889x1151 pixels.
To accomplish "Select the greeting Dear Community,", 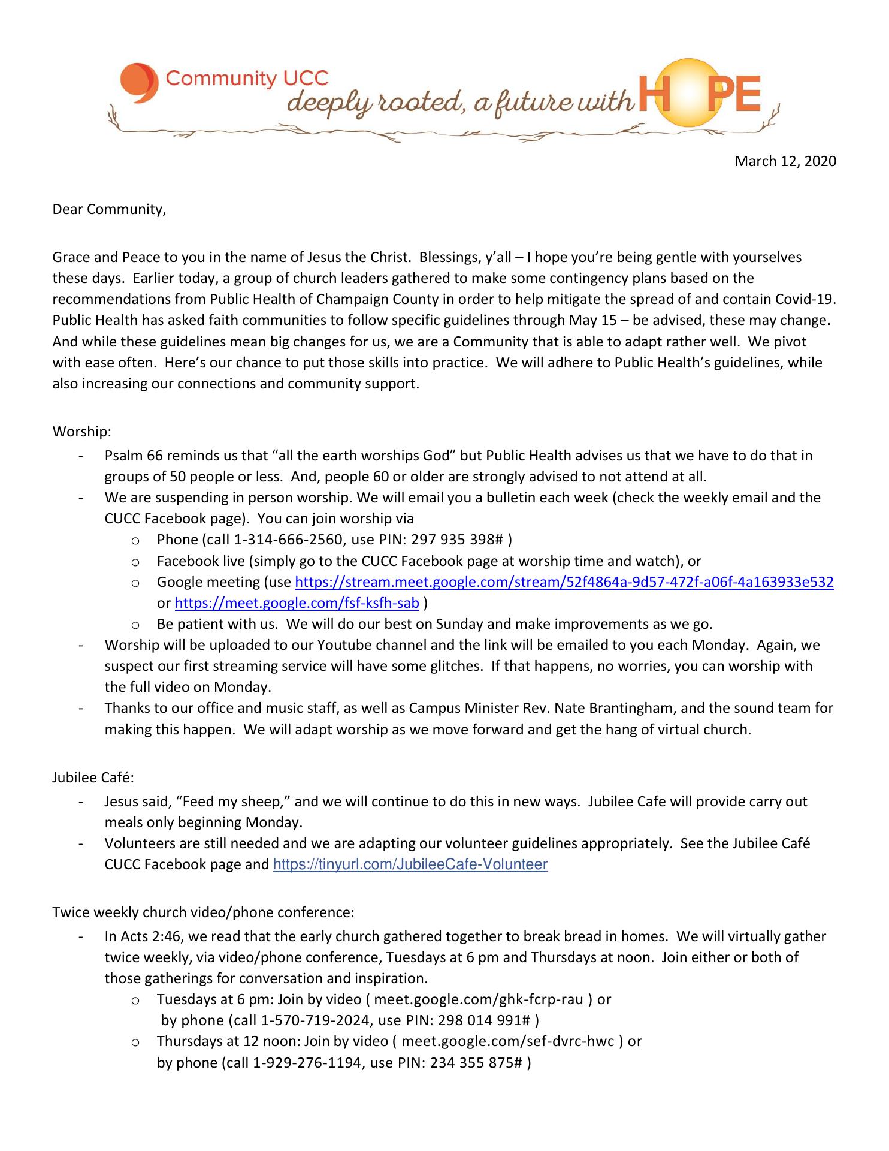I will pyautogui.click(x=109, y=210).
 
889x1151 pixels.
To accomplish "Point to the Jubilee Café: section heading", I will pyautogui.click(x=93, y=778).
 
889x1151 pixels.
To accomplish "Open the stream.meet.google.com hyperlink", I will pyautogui.click(x=564, y=582).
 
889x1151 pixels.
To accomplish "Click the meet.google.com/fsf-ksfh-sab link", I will pyautogui.click(x=297, y=603).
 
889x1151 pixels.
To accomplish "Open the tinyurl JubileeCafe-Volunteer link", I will pyautogui.click(x=410, y=864).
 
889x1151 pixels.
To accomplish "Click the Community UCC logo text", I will pyautogui.click(x=247, y=79).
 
